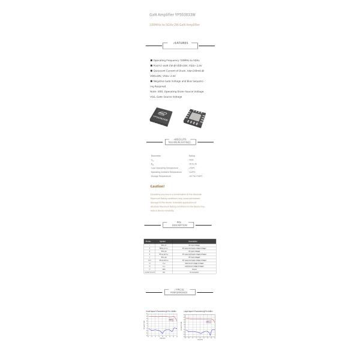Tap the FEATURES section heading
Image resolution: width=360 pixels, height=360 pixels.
pos(180,43)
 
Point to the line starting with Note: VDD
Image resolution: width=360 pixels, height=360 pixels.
pos(177,91)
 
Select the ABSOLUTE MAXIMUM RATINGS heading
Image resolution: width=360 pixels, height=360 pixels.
pos(180,142)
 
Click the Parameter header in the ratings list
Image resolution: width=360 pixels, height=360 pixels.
pos(156,155)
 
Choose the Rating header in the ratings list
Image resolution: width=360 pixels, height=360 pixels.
pos(191,155)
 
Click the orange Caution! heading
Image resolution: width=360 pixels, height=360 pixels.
pos(157,186)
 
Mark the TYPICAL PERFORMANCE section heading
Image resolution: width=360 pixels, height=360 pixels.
pos(180,291)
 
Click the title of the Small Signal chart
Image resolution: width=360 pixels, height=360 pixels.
pos(161,311)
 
